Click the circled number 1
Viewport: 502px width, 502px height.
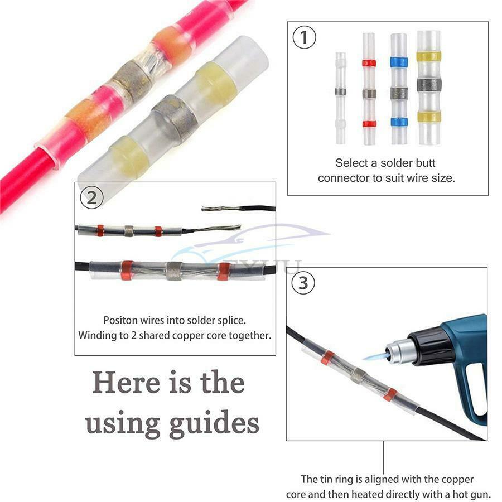click(x=304, y=37)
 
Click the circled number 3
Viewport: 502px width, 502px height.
click(x=303, y=283)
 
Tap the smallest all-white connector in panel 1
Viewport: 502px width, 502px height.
click(x=341, y=98)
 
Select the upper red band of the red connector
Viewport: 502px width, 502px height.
click(x=369, y=62)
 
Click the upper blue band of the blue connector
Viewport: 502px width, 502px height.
click(x=399, y=62)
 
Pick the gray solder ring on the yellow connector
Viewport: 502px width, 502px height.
click(x=429, y=84)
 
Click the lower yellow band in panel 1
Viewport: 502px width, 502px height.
click(x=429, y=117)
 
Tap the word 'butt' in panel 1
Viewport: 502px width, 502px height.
click(x=425, y=163)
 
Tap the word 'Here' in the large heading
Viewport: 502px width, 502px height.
click(x=127, y=382)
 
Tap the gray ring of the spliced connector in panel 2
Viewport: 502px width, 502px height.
click(x=174, y=271)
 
